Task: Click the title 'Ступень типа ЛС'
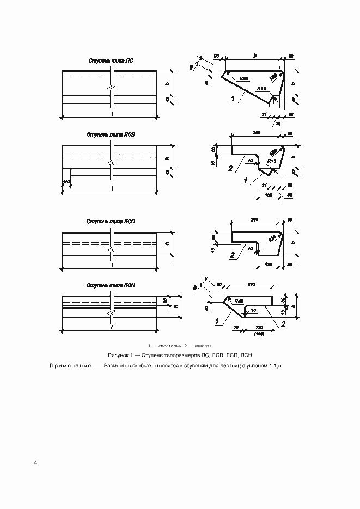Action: click(x=111, y=61)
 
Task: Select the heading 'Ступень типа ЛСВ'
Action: click(x=109, y=134)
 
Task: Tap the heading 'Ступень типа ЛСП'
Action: click(x=110, y=222)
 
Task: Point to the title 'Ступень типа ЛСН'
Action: click(x=110, y=285)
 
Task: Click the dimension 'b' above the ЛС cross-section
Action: click(x=255, y=55)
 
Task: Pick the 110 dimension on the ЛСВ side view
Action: click(x=66, y=181)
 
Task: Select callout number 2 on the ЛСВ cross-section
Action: click(x=231, y=169)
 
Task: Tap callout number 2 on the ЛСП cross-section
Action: click(x=232, y=255)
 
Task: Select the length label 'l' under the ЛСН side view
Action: click(x=112, y=328)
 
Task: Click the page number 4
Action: click(x=35, y=463)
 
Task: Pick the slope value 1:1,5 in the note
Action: click(x=276, y=366)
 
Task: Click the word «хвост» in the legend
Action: click(x=202, y=346)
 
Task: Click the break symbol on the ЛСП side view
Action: click(x=111, y=252)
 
